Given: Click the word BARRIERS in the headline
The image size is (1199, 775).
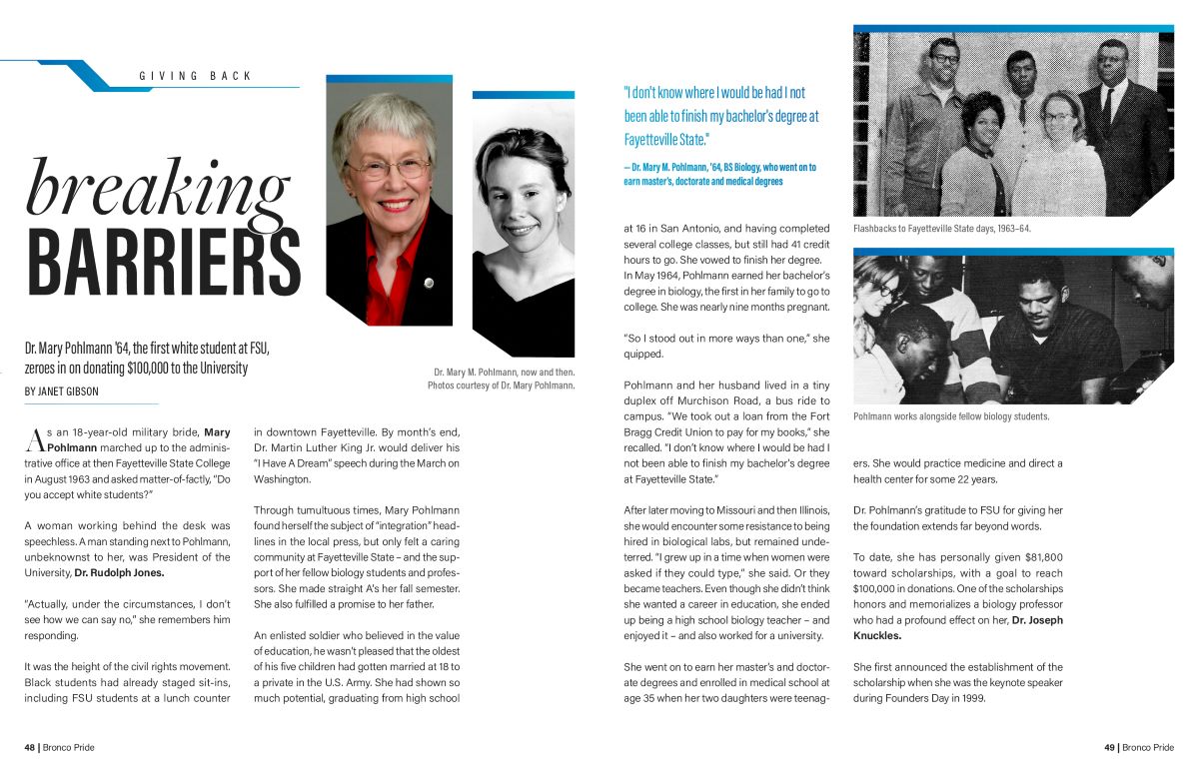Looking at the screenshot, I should [164, 262].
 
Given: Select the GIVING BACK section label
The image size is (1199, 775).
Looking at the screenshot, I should [196, 76].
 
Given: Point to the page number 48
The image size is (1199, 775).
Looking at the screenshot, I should [30, 747].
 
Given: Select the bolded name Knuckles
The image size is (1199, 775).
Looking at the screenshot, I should [877, 635].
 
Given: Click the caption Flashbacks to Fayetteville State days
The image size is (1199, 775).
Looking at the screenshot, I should [941, 229].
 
